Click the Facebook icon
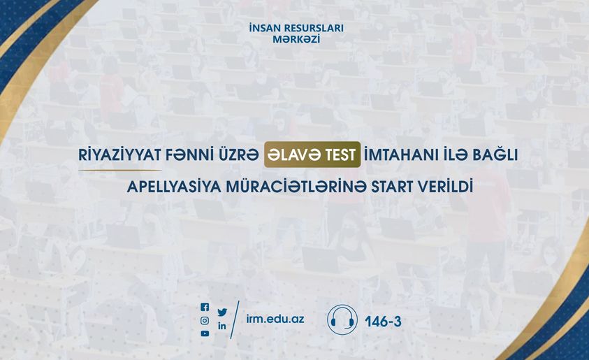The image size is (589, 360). click(x=205, y=308)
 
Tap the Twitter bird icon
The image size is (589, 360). click(x=222, y=312)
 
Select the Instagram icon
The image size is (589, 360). click(x=205, y=321)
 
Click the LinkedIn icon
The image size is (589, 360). click(x=222, y=326)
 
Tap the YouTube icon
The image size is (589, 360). click(x=205, y=333)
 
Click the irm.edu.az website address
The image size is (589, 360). click(x=275, y=319)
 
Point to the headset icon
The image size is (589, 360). click(x=342, y=319)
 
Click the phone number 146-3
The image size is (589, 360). click(x=383, y=322)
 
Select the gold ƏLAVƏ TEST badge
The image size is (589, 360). click(x=312, y=154)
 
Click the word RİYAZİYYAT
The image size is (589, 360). click(x=120, y=154)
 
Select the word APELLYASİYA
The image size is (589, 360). click(x=174, y=187)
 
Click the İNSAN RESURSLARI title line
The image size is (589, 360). click(x=296, y=28)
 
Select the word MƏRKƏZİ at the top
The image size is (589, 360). click(x=296, y=39)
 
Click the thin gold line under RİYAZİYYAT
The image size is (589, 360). click(x=120, y=171)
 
